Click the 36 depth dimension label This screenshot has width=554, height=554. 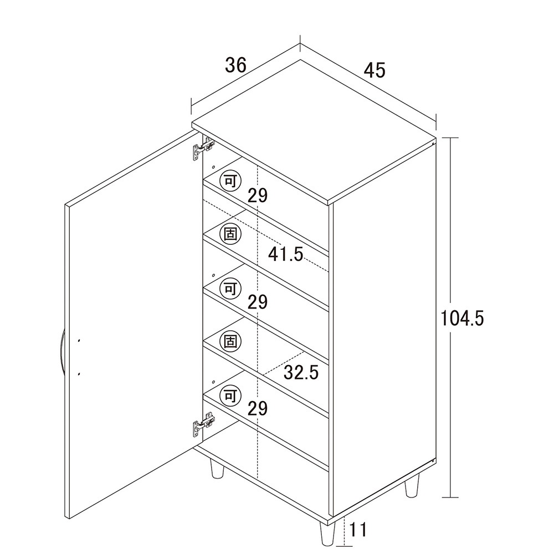click(235, 65)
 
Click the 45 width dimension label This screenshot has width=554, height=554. click(375, 70)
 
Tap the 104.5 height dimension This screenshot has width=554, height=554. click(462, 318)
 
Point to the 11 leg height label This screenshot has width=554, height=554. click(358, 530)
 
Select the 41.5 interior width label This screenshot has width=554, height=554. click(285, 254)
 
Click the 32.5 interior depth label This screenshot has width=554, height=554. click(301, 372)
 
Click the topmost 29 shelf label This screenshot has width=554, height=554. click(258, 195)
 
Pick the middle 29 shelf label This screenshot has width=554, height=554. click(258, 302)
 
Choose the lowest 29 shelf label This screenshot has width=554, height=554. click(258, 409)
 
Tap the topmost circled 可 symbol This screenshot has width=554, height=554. click(230, 182)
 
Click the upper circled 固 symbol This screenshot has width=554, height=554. click(230, 234)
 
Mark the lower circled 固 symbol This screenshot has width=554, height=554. click(230, 342)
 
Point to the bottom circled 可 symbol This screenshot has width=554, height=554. click(230, 396)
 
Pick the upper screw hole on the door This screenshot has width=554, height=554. click(79, 341)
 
